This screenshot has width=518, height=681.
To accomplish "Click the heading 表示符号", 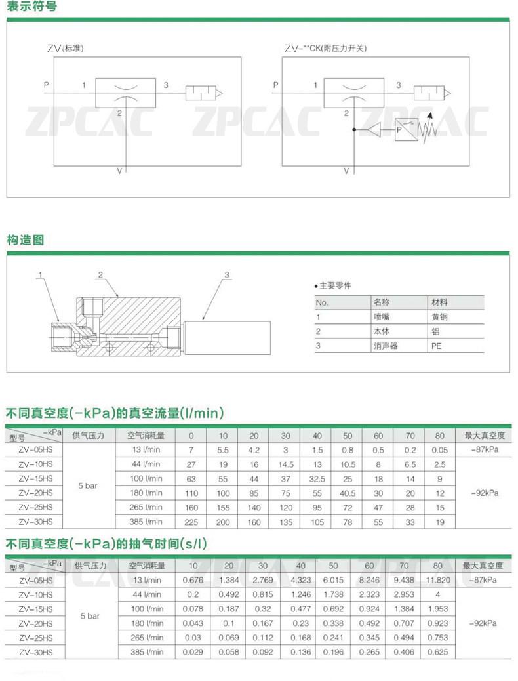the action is coord(31,7).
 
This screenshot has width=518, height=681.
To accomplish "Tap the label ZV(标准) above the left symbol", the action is coord(66,49).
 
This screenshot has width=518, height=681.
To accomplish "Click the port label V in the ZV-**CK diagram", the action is coord(346,171).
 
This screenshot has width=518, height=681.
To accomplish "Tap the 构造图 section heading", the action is coord(26,240).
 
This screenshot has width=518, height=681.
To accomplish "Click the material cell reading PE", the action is coord(435,345).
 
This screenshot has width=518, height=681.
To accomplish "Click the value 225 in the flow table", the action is coord(191,522).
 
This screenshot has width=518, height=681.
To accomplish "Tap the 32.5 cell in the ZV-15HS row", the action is coord(317,479).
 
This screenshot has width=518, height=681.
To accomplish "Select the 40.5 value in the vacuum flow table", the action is coord(348,493).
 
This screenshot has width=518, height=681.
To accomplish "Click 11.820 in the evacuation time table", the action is coord(438,580).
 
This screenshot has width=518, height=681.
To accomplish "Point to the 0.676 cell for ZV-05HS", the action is coord(193,580).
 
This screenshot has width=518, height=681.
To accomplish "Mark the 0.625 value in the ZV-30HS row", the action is coord(438,652).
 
